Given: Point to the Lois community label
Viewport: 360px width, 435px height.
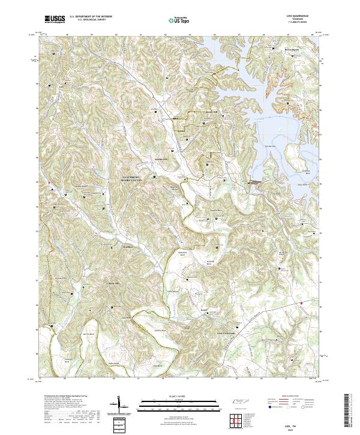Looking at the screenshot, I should pos(204,310).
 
